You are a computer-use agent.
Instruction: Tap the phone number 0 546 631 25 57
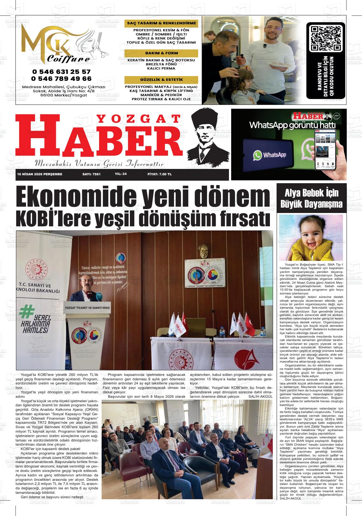(x=61, y=72)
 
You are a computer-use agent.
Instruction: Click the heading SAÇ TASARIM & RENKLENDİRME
(x=161, y=23)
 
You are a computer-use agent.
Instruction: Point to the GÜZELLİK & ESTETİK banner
(x=161, y=80)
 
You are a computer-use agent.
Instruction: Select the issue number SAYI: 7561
(x=91, y=174)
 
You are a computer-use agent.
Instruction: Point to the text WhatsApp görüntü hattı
(x=292, y=125)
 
